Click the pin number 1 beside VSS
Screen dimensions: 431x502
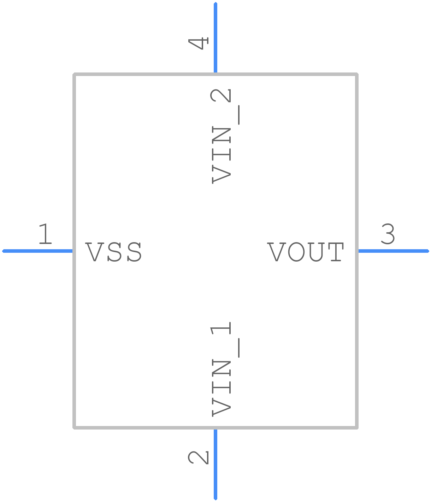coord(46,234)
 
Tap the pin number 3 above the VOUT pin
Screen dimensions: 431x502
coord(388,234)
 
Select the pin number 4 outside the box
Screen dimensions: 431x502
coord(198,43)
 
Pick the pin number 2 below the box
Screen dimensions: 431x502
coord(198,457)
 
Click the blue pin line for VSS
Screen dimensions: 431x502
coord(37,251)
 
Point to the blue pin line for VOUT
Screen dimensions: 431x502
coord(394,251)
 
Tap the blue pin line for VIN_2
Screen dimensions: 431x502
coord(215,37)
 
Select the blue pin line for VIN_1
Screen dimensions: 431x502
coord(215,465)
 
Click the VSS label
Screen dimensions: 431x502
coord(113,252)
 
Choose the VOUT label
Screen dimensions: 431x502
coord(306,252)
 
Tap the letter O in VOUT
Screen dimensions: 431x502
coord(296,252)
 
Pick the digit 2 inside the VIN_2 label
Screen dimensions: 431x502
coord(220,96)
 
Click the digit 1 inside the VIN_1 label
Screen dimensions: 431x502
coord(220,328)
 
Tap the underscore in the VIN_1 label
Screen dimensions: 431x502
coord(239,348)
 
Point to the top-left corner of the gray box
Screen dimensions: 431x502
coord(74,74)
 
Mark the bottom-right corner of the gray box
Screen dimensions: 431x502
coord(357,428)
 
